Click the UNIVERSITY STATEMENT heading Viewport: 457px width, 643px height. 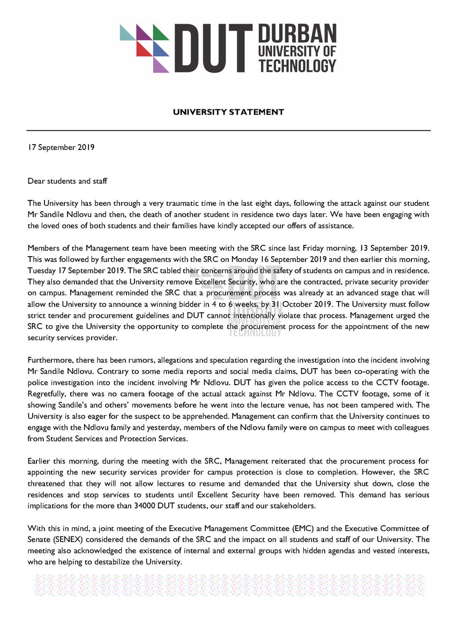point(228,112)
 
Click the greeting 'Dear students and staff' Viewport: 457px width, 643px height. point(68,181)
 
